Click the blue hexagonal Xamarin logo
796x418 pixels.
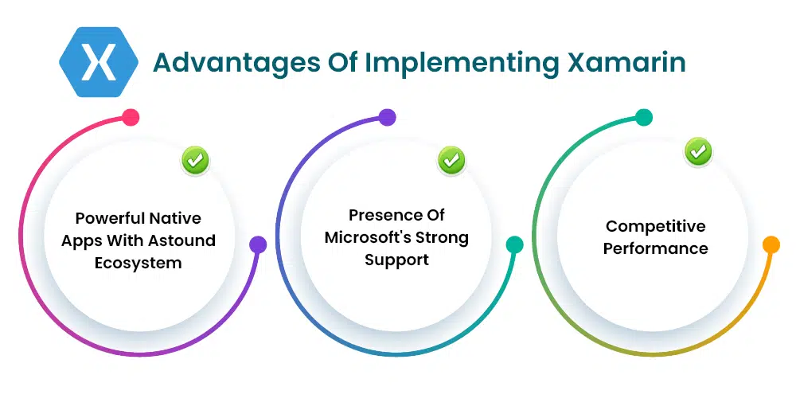pyautogui.click(x=99, y=62)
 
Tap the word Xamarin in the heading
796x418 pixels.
pyautogui.click(x=626, y=62)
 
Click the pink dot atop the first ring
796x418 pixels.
pyautogui.click(x=131, y=117)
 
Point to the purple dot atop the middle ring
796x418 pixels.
pyautogui.click(x=388, y=117)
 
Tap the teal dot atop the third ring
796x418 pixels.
pyautogui.click(x=644, y=117)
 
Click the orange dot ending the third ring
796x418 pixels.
pyautogui.click(x=771, y=244)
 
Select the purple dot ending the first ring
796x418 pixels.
pyautogui.click(x=258, y=244)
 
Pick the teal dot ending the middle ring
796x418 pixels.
pyautogui.click(x=514, y=244)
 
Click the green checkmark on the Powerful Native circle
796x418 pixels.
pyautogui.click(x=195, y=161)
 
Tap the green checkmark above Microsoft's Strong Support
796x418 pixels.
pyautogui.click(x=451, y=161)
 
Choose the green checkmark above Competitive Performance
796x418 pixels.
pyautogui.click(x=698, y=151)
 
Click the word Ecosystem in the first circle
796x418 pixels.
pyautogui.click(x=138, y=263)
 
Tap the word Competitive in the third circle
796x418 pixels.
pyautogui.click(x=655, y=227)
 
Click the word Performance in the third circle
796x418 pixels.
pyautogui.click(x=655, y=248)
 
